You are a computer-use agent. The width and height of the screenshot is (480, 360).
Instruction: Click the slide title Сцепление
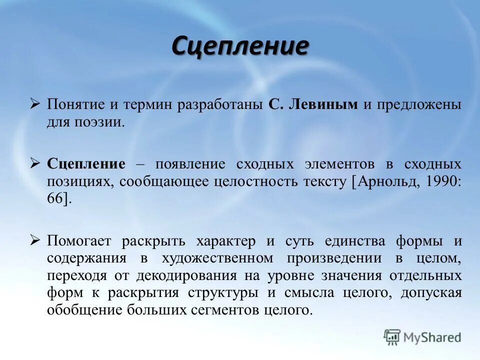coord(240,46)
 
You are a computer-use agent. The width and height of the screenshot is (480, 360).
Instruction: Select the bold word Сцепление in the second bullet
coord(86,163)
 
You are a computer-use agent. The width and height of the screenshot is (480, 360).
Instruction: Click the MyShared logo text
coord(432,337)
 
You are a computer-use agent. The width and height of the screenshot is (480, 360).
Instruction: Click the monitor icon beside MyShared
coord(392,337)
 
